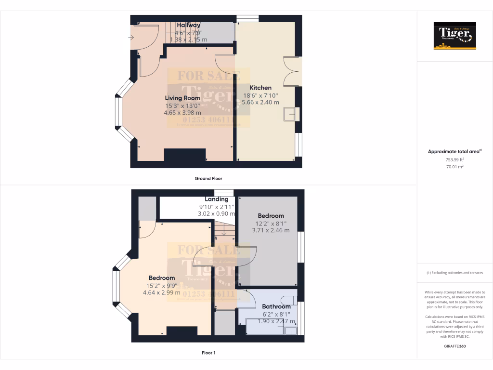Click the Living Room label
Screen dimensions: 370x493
pos(183,98)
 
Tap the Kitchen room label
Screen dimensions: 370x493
pos(260,88)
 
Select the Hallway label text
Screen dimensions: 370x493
pos(189,25)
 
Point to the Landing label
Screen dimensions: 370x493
pos(217,199)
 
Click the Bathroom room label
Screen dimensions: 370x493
pos(276,306)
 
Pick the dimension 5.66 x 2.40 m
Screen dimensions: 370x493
pos(260,102)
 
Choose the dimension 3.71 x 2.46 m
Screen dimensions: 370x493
pos(271,230)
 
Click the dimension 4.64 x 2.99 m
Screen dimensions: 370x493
pos(162,292)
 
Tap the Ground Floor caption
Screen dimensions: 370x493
pos(208,178)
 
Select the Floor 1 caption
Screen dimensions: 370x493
pos(208,353)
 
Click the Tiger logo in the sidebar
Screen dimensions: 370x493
pos(455,36)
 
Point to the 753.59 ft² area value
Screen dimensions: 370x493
pos(454,159)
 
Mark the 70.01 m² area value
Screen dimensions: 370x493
pos(454,167)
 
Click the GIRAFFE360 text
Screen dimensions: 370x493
pos(454,346)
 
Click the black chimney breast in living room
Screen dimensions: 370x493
pos(185,156)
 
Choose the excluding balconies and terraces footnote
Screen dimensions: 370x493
pos(454,273)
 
